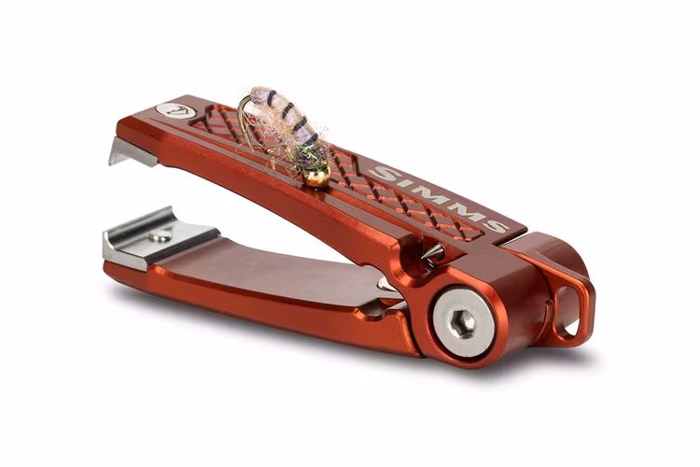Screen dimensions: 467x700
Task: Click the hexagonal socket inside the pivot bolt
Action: [x=460, y=322]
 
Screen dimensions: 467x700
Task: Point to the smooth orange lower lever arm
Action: [x=280, y=280]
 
